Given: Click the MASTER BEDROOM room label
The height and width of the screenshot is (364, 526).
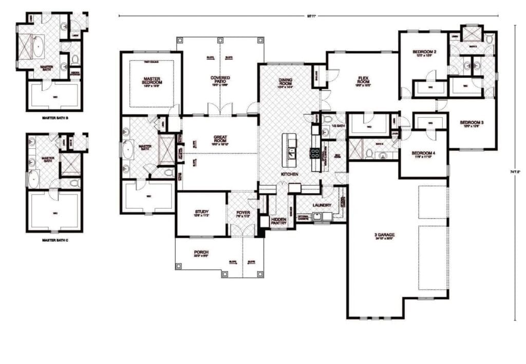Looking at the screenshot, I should point(153,81).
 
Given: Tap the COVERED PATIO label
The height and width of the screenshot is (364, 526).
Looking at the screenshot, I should point(220,80).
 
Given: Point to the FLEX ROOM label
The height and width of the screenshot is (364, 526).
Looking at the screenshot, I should point(364,81).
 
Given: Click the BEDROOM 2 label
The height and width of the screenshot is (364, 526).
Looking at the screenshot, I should point(424,52).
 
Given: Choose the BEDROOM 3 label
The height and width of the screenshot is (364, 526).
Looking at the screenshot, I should point(472,123).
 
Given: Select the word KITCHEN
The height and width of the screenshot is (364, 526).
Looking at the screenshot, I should point(290,175).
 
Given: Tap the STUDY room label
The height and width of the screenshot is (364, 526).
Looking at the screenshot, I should point(201,212).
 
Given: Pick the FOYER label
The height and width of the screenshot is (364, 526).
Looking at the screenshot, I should point(243,212).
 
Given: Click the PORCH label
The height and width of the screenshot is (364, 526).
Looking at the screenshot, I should point(201,252).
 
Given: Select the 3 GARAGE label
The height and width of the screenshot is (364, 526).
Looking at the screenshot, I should point(384,235).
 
